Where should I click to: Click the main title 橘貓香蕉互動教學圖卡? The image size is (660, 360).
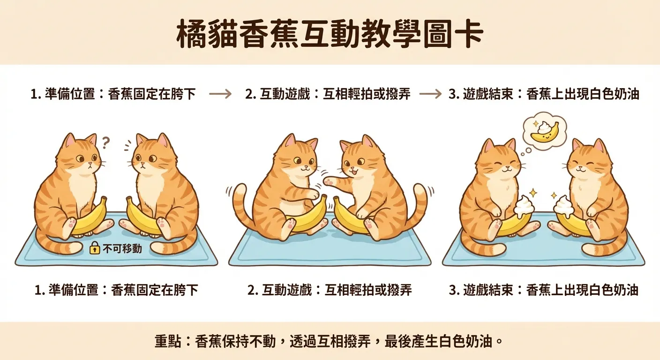tap(330, 34)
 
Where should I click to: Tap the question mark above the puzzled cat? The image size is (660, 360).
tap(106, 141)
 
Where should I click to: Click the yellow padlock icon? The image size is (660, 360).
tap(94, 248)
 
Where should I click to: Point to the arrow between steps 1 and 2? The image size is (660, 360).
tap(220, 94)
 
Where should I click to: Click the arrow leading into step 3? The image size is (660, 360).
tap(430, 94)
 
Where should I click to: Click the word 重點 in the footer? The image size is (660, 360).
tap(165, 341)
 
